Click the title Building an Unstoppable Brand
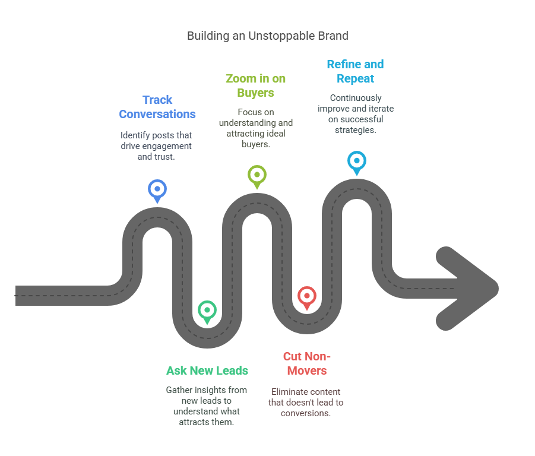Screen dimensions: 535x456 (x=267, y=36)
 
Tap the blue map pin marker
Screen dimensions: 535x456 (x=157, y=191)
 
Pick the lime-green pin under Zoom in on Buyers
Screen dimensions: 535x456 (x=257, y=177)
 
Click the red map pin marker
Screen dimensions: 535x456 (x=307, y=297)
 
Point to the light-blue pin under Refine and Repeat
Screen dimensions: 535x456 (x=357, y=163)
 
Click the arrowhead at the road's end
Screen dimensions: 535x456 (x=467, y=289)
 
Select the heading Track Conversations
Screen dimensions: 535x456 (x=157, y=107)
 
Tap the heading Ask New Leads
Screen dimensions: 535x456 (x=207, y=370)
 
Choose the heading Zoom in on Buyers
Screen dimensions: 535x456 (x=255, y=85)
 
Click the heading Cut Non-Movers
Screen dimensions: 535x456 (x=307, y=363)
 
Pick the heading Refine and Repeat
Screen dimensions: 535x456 (x=356, y=71)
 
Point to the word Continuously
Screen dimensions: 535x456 (x=356, y=98)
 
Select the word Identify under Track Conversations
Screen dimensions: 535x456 (x=135, y=135)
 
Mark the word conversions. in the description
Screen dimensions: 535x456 (x=306, y=413)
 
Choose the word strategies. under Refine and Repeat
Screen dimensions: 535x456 (x=356, y=130)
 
